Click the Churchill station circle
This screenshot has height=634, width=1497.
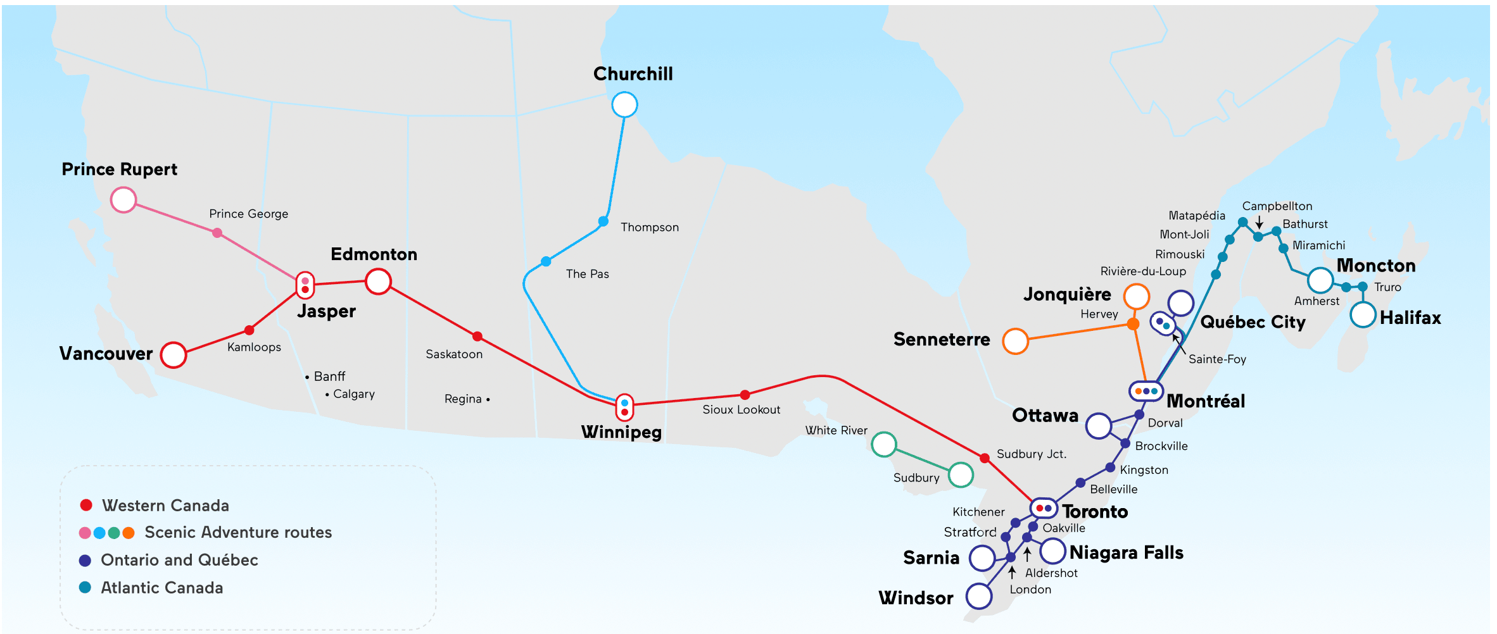click(x=624, y=104)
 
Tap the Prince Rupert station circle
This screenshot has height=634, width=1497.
click(x=123, y=200)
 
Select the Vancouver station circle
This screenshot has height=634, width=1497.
click(x=174, y=355)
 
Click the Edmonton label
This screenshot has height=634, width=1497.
click(x=374, y=254)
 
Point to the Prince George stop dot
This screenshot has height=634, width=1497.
click(x=217, y=233)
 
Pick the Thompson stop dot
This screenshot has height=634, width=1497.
click(x=603, y=221)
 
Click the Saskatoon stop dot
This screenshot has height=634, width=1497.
click(x=477, y=336)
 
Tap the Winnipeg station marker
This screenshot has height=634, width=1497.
click(x=625, y=407)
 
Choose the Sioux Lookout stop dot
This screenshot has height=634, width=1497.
click(x=745, y=395)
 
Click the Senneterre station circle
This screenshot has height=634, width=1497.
click(x=1015, y=341)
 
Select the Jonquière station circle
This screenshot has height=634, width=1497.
click(x=1137, y=296)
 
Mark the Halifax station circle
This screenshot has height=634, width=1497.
click(x=1363, y=314)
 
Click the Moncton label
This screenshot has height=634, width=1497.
click(x=1375, y=266)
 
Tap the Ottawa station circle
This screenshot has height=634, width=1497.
click(x=1099, y=426)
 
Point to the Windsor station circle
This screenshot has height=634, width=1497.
click(x=979, y=596)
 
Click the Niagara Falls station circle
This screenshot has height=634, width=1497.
click(x=1052, y=551)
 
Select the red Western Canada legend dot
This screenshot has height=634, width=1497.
click(x=86, y=505)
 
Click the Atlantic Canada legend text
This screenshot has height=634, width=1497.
click(x=162, y=588)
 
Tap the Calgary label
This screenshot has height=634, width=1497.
click(x=353, y=394)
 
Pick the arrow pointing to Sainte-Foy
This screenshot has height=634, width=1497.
click(x=1178, y=345)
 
